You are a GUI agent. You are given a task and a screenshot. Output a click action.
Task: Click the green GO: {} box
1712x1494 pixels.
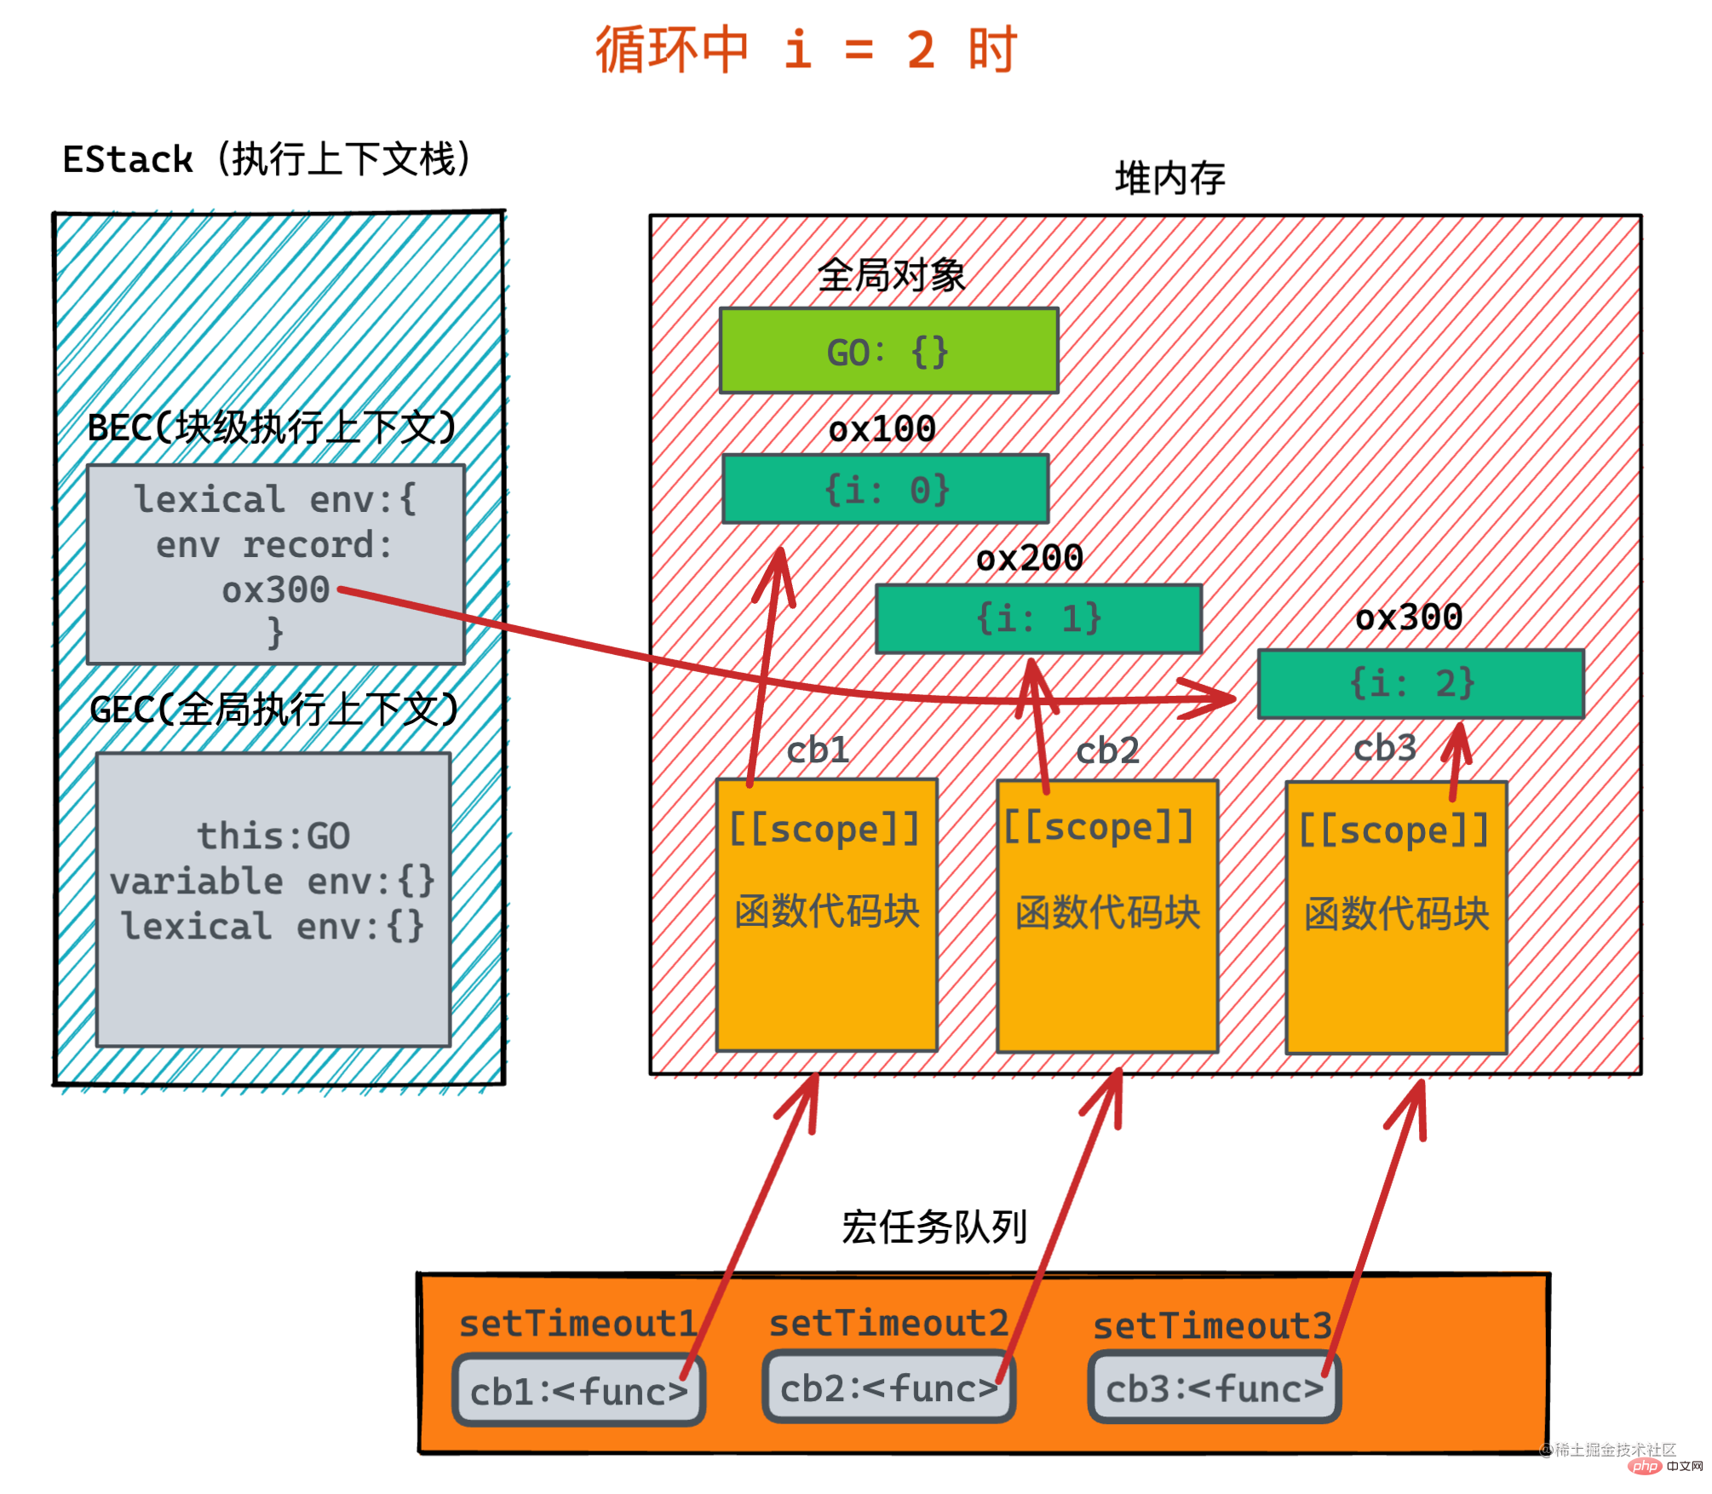tap(888, 350)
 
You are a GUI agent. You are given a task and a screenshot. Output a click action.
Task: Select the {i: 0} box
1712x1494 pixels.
tap(886, 489)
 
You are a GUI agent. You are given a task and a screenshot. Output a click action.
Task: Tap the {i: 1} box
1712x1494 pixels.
tap(1039, 618)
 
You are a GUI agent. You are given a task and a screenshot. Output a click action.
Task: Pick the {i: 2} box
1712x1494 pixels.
tap(1421, 684)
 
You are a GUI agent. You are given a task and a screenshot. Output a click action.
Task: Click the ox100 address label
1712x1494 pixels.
tap(882, 428)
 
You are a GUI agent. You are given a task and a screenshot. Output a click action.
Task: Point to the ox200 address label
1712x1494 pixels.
tap(1030, 558)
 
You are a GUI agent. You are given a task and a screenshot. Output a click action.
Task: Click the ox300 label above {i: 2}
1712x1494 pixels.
tap(1410, 617)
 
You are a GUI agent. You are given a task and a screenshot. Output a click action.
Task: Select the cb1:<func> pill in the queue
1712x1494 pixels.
tap(579, 1390)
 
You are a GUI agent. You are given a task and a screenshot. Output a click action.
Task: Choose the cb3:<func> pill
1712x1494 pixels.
tap(1215, 1387)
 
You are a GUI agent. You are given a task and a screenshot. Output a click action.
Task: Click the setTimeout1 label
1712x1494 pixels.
tap(578, 1324)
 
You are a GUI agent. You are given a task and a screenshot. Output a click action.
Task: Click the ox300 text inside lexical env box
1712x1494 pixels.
tap(276, 589)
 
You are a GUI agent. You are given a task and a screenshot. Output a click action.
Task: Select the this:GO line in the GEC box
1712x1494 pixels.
tap(273, 836)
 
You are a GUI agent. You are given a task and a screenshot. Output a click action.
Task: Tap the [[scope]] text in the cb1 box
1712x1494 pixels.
tap(825, 829)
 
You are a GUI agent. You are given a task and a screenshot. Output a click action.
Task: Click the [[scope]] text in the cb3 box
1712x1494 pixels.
tap(1394, 830)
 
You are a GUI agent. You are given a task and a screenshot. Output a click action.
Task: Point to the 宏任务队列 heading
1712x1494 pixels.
tap(934, 1227)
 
